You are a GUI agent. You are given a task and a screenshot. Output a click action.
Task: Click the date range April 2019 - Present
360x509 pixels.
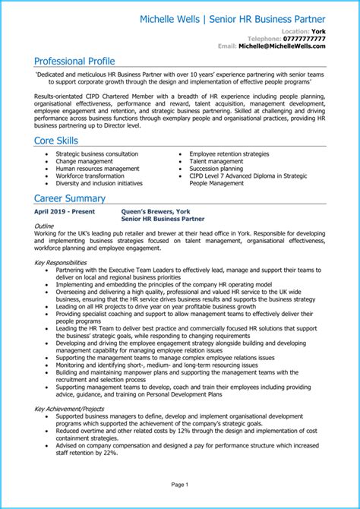pos(66,213)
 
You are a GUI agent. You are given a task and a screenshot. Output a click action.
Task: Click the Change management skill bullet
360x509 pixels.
pos(86,161)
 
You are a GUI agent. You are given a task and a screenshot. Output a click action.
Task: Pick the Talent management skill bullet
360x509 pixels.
pos(216,161)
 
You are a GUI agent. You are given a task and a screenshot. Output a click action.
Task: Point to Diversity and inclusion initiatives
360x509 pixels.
pos(99,183)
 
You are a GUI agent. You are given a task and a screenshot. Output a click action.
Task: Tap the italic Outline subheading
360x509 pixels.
pos(45,227)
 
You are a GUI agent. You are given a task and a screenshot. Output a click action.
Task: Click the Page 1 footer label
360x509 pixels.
pos(179,484)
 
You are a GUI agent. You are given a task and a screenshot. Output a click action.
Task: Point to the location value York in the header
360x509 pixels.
pos(319,30)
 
